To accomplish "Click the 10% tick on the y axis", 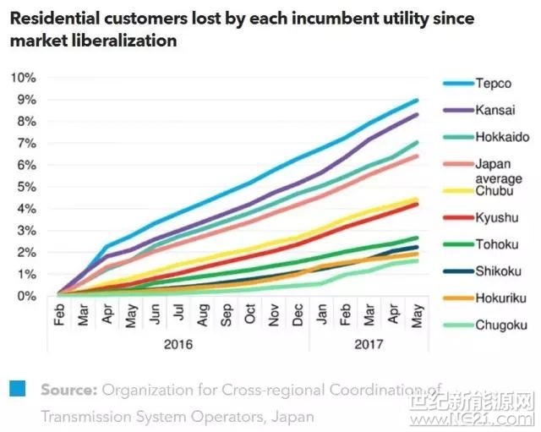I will pos(23,78).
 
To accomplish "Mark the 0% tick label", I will pos(25,296).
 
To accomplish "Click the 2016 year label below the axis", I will pos(178,345).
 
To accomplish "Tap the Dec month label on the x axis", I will pos(299,315).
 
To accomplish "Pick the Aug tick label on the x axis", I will pos(203,315).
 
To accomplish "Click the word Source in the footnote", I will pos(70,390).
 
